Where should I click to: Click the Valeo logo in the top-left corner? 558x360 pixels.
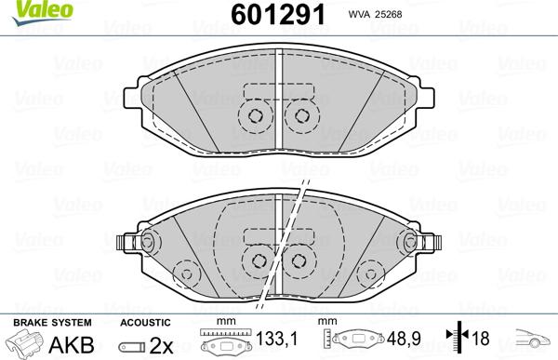[x=25, y=10]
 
